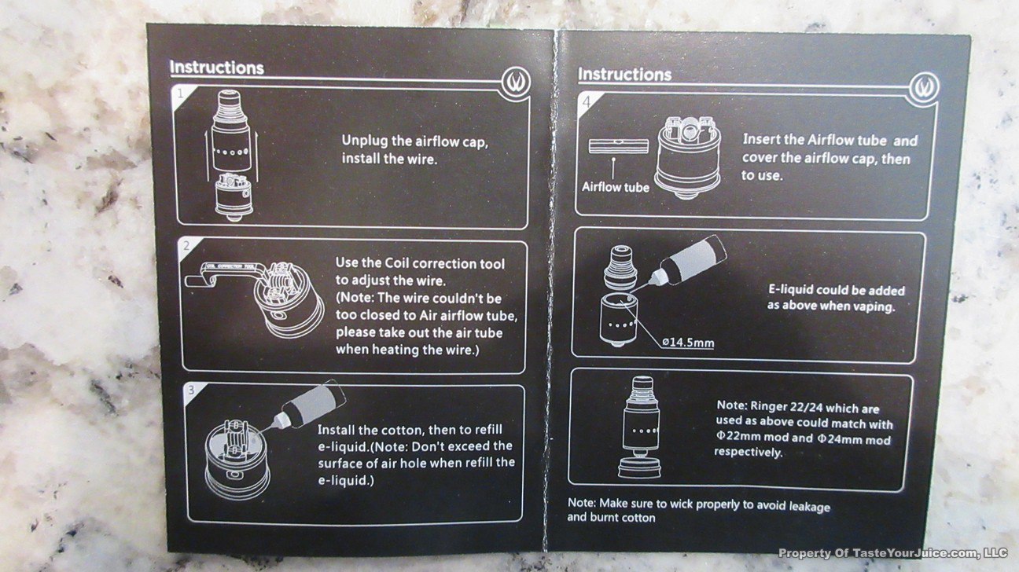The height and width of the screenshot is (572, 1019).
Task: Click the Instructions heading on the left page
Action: (216, 68)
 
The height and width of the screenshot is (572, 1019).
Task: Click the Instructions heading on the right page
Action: (624, 75)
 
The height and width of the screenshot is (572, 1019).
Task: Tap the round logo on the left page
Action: (517, 82)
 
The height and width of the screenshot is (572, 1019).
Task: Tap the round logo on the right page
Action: (924, 87)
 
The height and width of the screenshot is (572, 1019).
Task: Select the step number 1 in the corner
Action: (181, 93)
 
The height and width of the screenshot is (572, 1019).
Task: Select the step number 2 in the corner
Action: (186, 246)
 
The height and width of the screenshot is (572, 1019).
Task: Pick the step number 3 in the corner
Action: (192, 390)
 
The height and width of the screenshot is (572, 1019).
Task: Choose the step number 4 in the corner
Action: (587, 102)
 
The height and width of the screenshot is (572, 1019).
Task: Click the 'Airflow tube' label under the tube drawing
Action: (616, 187)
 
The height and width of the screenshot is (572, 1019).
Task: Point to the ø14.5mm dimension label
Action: (688, 342)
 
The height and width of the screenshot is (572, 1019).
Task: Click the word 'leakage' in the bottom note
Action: (810, 507)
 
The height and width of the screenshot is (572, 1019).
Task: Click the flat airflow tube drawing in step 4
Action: (618, 146)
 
